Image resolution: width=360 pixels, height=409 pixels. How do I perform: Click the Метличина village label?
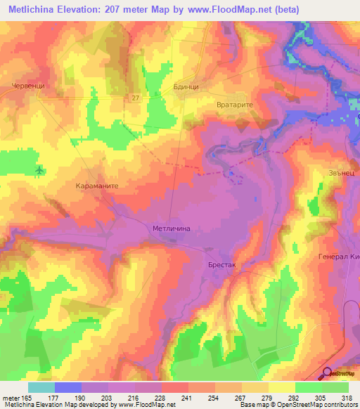tap(172, 228)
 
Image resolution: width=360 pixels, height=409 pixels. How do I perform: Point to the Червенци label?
tap(27, 86)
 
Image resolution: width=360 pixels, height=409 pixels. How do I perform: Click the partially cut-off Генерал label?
tap(339, 257)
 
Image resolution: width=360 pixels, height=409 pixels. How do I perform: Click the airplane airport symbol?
tap(39, 170)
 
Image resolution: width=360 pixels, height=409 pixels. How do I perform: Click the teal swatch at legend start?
tap(41, 387)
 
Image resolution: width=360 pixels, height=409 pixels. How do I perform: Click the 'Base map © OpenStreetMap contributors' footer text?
tap(298, 405)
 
